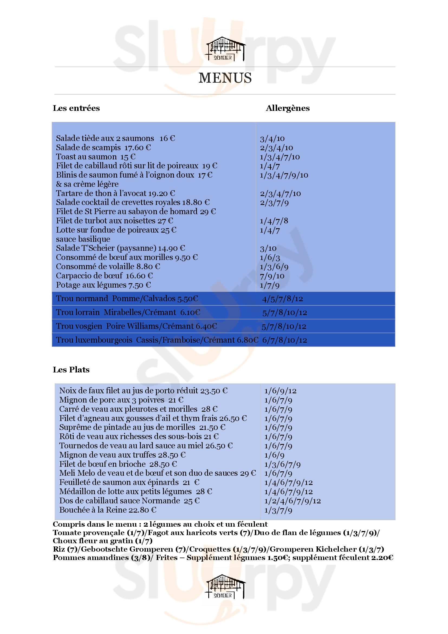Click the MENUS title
[x=225, y=78]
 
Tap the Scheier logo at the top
[x=225, y=49]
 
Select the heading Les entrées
[x=76, y=108]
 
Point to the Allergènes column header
[x=287, y=108]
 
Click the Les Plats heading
[x=71, y=369]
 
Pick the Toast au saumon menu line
[x=96, y=157]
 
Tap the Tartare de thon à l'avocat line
[x=115, y=193]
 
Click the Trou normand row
[x=127, y=298]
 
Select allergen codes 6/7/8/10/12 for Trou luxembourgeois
[x=284, y=340]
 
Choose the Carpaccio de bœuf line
[x=104, y=276]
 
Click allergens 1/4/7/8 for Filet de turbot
[x=274, y=221]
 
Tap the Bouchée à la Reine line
[x=108, y=510]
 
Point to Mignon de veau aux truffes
[x=122, y=455]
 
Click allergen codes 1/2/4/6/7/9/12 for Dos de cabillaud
[x=293, y=501]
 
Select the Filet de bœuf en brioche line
[x=118, y=464]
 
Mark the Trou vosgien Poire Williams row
[x=136, y=326]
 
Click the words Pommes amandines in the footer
[x=91, y=558]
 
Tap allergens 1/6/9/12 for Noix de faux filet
[x=280, y=391]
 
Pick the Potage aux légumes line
[x=103, y=285]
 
